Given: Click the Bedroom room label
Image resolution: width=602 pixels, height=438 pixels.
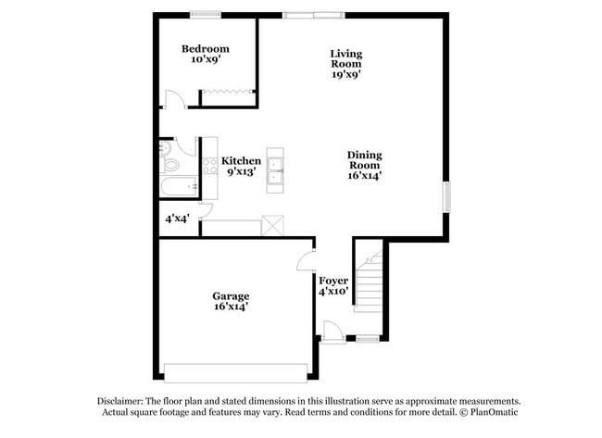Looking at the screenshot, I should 205,48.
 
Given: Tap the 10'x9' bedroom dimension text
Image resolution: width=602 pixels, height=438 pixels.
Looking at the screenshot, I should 205,59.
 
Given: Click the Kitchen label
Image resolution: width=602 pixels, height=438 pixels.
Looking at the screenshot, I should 241,160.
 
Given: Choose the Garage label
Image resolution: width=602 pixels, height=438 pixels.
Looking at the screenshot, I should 230,296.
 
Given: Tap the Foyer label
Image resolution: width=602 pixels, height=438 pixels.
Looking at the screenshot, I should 333,280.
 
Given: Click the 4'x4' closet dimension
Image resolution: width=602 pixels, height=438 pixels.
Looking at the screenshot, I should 176,220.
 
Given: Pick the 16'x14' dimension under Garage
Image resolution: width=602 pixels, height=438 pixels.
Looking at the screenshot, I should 230,307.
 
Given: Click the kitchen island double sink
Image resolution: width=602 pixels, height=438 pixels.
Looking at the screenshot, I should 275,169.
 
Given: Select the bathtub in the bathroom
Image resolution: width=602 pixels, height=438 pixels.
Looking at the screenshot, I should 179,188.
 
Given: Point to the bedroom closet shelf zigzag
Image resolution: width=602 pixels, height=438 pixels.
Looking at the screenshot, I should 228,91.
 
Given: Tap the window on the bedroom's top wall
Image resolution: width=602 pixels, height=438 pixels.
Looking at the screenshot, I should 205,14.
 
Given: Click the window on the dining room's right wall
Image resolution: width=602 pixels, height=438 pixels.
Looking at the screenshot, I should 446,197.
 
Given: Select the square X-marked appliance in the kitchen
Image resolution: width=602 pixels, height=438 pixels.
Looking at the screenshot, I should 271,225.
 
